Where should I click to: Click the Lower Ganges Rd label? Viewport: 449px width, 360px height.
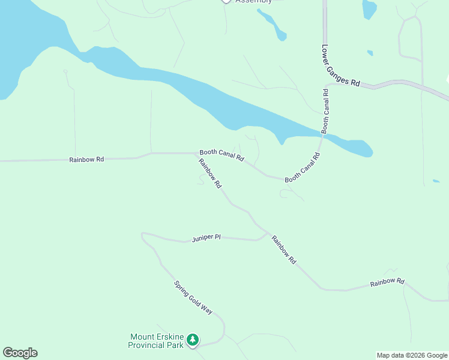click(x=340, y=66)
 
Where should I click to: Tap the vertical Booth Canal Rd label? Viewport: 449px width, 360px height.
click(x=325, y=111)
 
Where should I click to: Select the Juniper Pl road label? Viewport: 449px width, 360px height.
click(x=206, y=238)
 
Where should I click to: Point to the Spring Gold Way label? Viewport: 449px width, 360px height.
click(x=193, y=298)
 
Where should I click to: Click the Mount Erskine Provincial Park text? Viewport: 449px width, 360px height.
click(x=156, y=341)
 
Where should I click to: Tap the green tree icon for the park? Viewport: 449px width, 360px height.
click(x=192, y=341)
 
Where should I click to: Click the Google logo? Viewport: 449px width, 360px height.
click(x=20, y=353)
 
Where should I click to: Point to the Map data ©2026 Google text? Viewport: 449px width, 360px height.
click(x=412, y=355)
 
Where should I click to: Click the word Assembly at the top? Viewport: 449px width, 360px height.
click(x=253, y=2)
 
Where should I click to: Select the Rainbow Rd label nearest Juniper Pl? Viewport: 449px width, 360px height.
click(x=283, y=250)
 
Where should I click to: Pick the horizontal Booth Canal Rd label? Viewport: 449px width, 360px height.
click(x=221, y=155)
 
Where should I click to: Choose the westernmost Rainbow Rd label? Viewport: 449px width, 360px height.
click(x=86, y=160)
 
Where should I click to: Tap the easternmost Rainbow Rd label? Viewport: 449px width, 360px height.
click(x=387, y=281)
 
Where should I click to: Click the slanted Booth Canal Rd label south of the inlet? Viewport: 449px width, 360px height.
click(x=303, y=168)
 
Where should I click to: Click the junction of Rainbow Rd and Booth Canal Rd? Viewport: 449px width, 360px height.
click(x=199, y=154)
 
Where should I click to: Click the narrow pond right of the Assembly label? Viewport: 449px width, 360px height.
click(x=273, y=24)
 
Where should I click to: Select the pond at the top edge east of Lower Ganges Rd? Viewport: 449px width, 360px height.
click(x=369, y=8)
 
